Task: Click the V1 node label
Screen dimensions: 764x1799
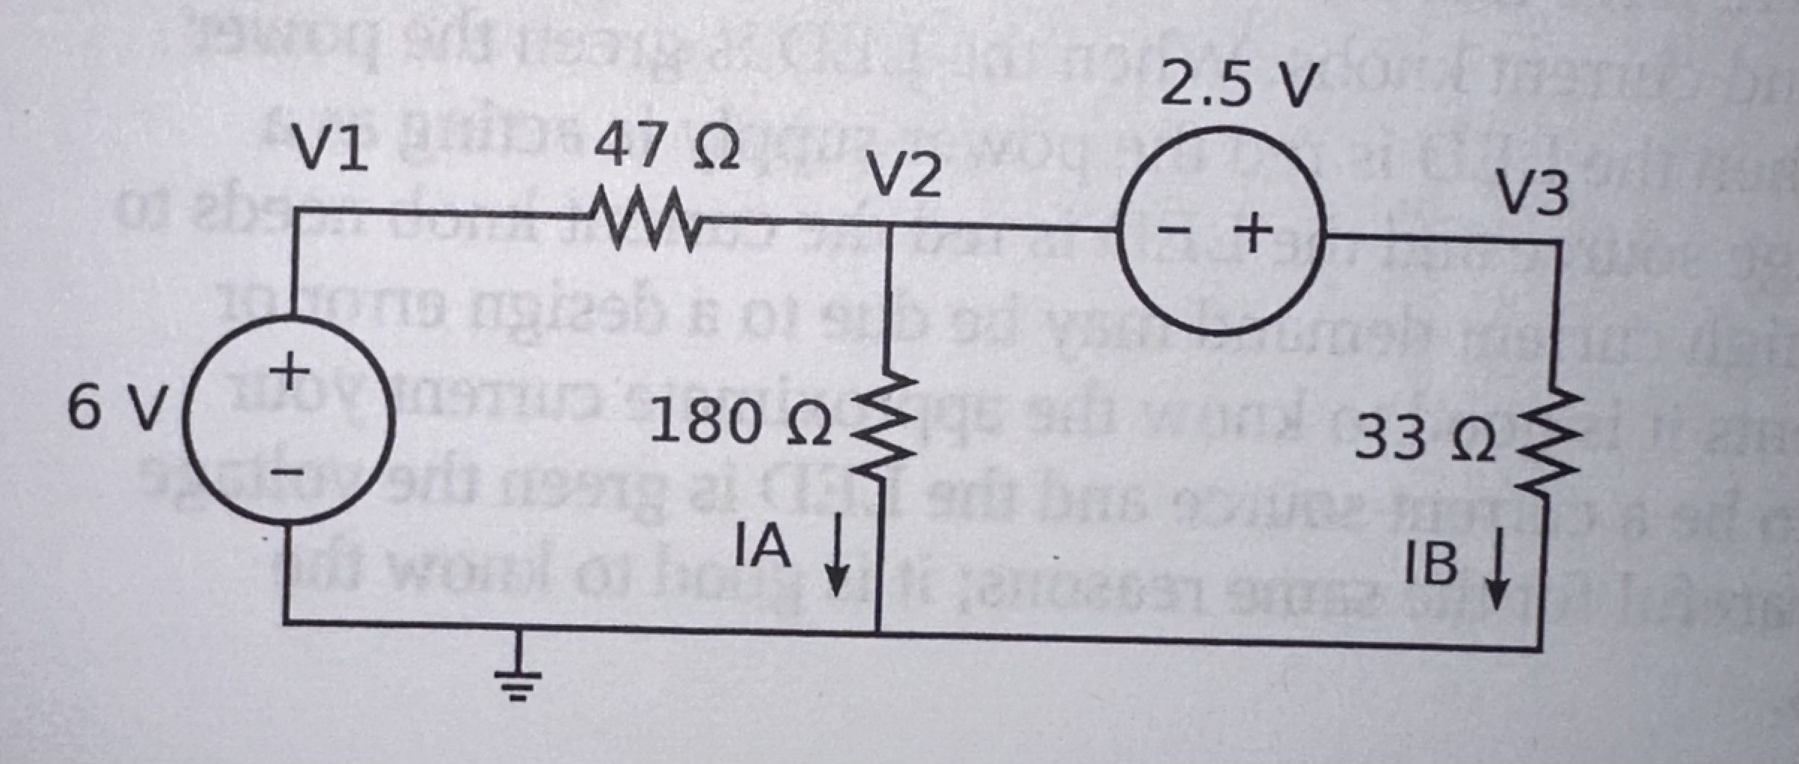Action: (x=330, y=148)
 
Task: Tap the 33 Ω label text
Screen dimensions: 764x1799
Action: (x=1425, y=439)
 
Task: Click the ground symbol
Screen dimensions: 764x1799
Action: (x=516, y=677)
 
